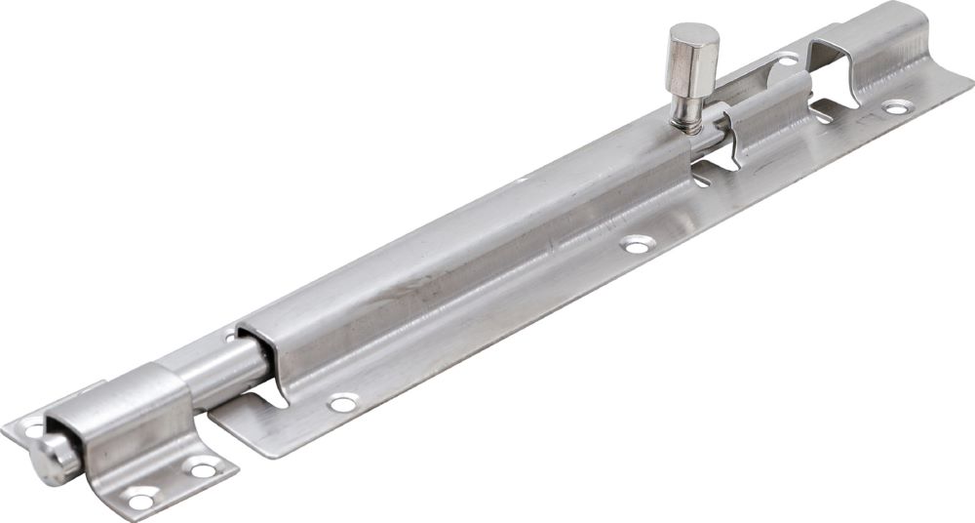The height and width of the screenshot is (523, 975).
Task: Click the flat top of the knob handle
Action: (694, 38)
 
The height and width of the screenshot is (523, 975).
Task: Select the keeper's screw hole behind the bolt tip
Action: (33, 426)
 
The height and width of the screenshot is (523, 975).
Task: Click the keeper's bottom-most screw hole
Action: (140, 501)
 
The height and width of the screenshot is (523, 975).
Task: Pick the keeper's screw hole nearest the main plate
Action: (202, 469)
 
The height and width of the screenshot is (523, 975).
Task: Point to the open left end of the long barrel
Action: (252, 346)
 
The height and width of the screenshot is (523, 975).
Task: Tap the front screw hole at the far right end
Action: (894, 106)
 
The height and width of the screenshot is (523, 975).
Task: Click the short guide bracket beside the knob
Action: (765, 117)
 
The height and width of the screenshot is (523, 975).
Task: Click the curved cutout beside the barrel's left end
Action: (274, 395)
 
